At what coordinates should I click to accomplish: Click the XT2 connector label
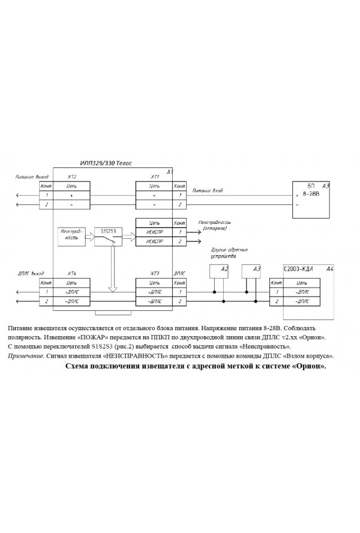click(73, 178)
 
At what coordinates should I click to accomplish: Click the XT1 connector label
click(154, 178)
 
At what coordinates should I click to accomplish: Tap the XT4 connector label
click(72, 273)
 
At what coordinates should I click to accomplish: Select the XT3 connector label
click(155, 273)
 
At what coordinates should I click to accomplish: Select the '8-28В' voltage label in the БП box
click(310, 195)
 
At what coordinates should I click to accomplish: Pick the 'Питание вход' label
click(208, 190)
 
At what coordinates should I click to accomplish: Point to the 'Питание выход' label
click(32, 178)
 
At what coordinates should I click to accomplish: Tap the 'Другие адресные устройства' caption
click(230, 252)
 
